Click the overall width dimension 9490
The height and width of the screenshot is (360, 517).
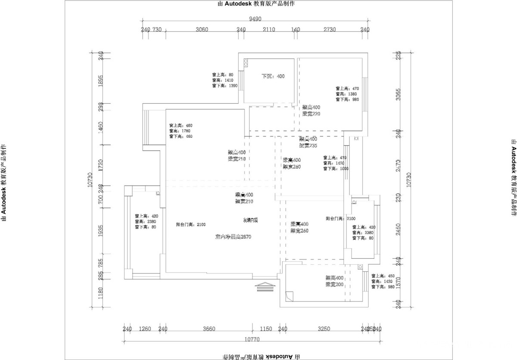tap(255, 19)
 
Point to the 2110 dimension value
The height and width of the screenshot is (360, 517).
tap(268, 29)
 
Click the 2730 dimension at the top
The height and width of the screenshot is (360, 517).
tap(330, 29)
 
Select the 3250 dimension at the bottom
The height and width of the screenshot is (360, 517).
tap(324, 329)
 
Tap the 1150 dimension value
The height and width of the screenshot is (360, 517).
tap(266, 329)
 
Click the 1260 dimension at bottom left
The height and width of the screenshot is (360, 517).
tap(145, 329)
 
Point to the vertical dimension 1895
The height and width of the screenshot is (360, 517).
tap(101, 81)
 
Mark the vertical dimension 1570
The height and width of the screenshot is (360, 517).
tap(399, 282)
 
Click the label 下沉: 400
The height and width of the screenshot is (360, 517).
tap(273, 76)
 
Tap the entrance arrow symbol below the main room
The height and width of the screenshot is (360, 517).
tap(266, 287)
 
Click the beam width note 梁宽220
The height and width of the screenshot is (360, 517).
tap(311, 114)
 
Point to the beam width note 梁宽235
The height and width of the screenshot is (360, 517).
tap(308, 146)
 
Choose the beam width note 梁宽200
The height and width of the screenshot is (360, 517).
tap(334, 285)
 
